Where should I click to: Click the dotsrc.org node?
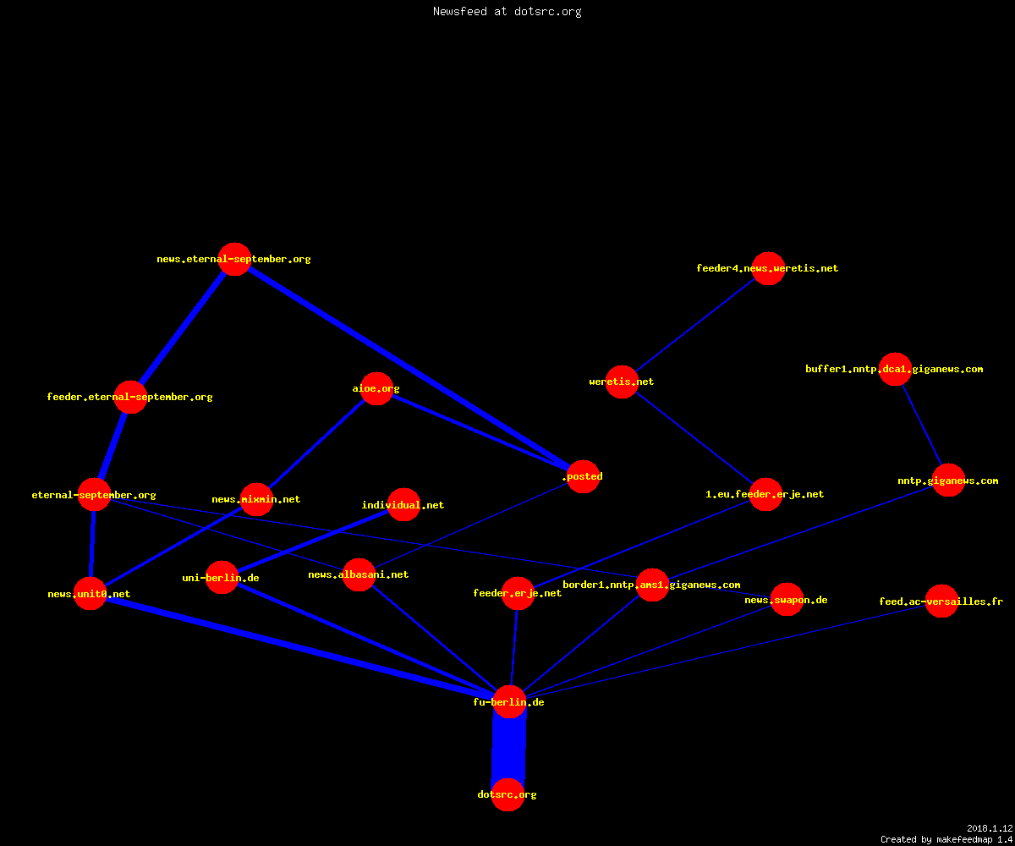[x=508, y=794]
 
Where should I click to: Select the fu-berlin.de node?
[x=509, y=701]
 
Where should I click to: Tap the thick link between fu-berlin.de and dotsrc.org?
[x=508, y=748]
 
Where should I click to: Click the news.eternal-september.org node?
[x=235, y=259]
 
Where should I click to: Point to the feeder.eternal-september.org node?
[x=130, y=398]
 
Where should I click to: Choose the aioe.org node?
[x=376, y=388]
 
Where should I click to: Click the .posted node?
[x=584, y=476]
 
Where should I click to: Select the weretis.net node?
[x=622, y=382]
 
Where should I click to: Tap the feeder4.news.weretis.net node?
[x=768, y=268]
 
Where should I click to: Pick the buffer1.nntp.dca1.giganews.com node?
[x=895, y=369]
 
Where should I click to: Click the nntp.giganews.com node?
[x=948, y=481]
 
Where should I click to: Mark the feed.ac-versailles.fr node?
[x=941, y=601]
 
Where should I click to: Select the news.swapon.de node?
[x=787, y=600]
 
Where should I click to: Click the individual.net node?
[x=403, y=505]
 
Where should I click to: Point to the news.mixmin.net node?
[x=256, y=499]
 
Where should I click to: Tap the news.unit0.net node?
[x=90, y=594]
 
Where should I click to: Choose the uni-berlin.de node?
[x=222, y=578]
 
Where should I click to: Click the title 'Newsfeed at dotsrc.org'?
[x=507, y=11]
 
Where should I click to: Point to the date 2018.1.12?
[x=990, y=828]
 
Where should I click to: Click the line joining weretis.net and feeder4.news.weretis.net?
[x=695, y=325]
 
